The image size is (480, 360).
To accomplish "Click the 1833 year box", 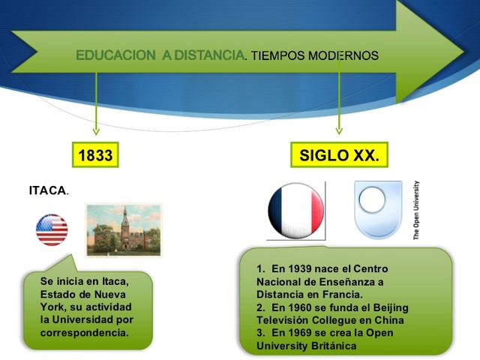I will coord(95,156).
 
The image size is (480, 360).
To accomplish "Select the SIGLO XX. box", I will coord(339,156).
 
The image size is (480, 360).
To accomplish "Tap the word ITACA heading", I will coord(47,190).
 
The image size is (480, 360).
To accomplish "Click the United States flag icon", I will coord(52,229).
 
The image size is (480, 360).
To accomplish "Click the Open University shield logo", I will coord(378,209).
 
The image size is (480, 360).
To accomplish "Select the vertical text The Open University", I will coord(417,210).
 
